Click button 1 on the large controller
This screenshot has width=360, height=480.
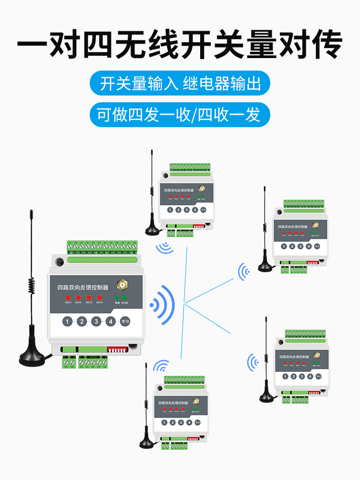coord(68,322)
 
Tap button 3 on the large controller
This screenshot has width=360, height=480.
coord(96,322)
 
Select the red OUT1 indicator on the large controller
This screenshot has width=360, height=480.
coord(68,298)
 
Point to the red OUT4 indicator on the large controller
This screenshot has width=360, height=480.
coord(99,298)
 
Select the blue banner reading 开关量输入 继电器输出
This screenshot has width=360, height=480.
coord(180,84)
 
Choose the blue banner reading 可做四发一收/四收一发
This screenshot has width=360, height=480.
coord(180,115)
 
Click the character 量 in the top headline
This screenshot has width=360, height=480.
coord(261,46)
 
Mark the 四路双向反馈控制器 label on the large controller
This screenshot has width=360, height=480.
coord(83,287)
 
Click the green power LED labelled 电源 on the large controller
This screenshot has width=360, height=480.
coord(117,298)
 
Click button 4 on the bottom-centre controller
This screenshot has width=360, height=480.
coord(189,423)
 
